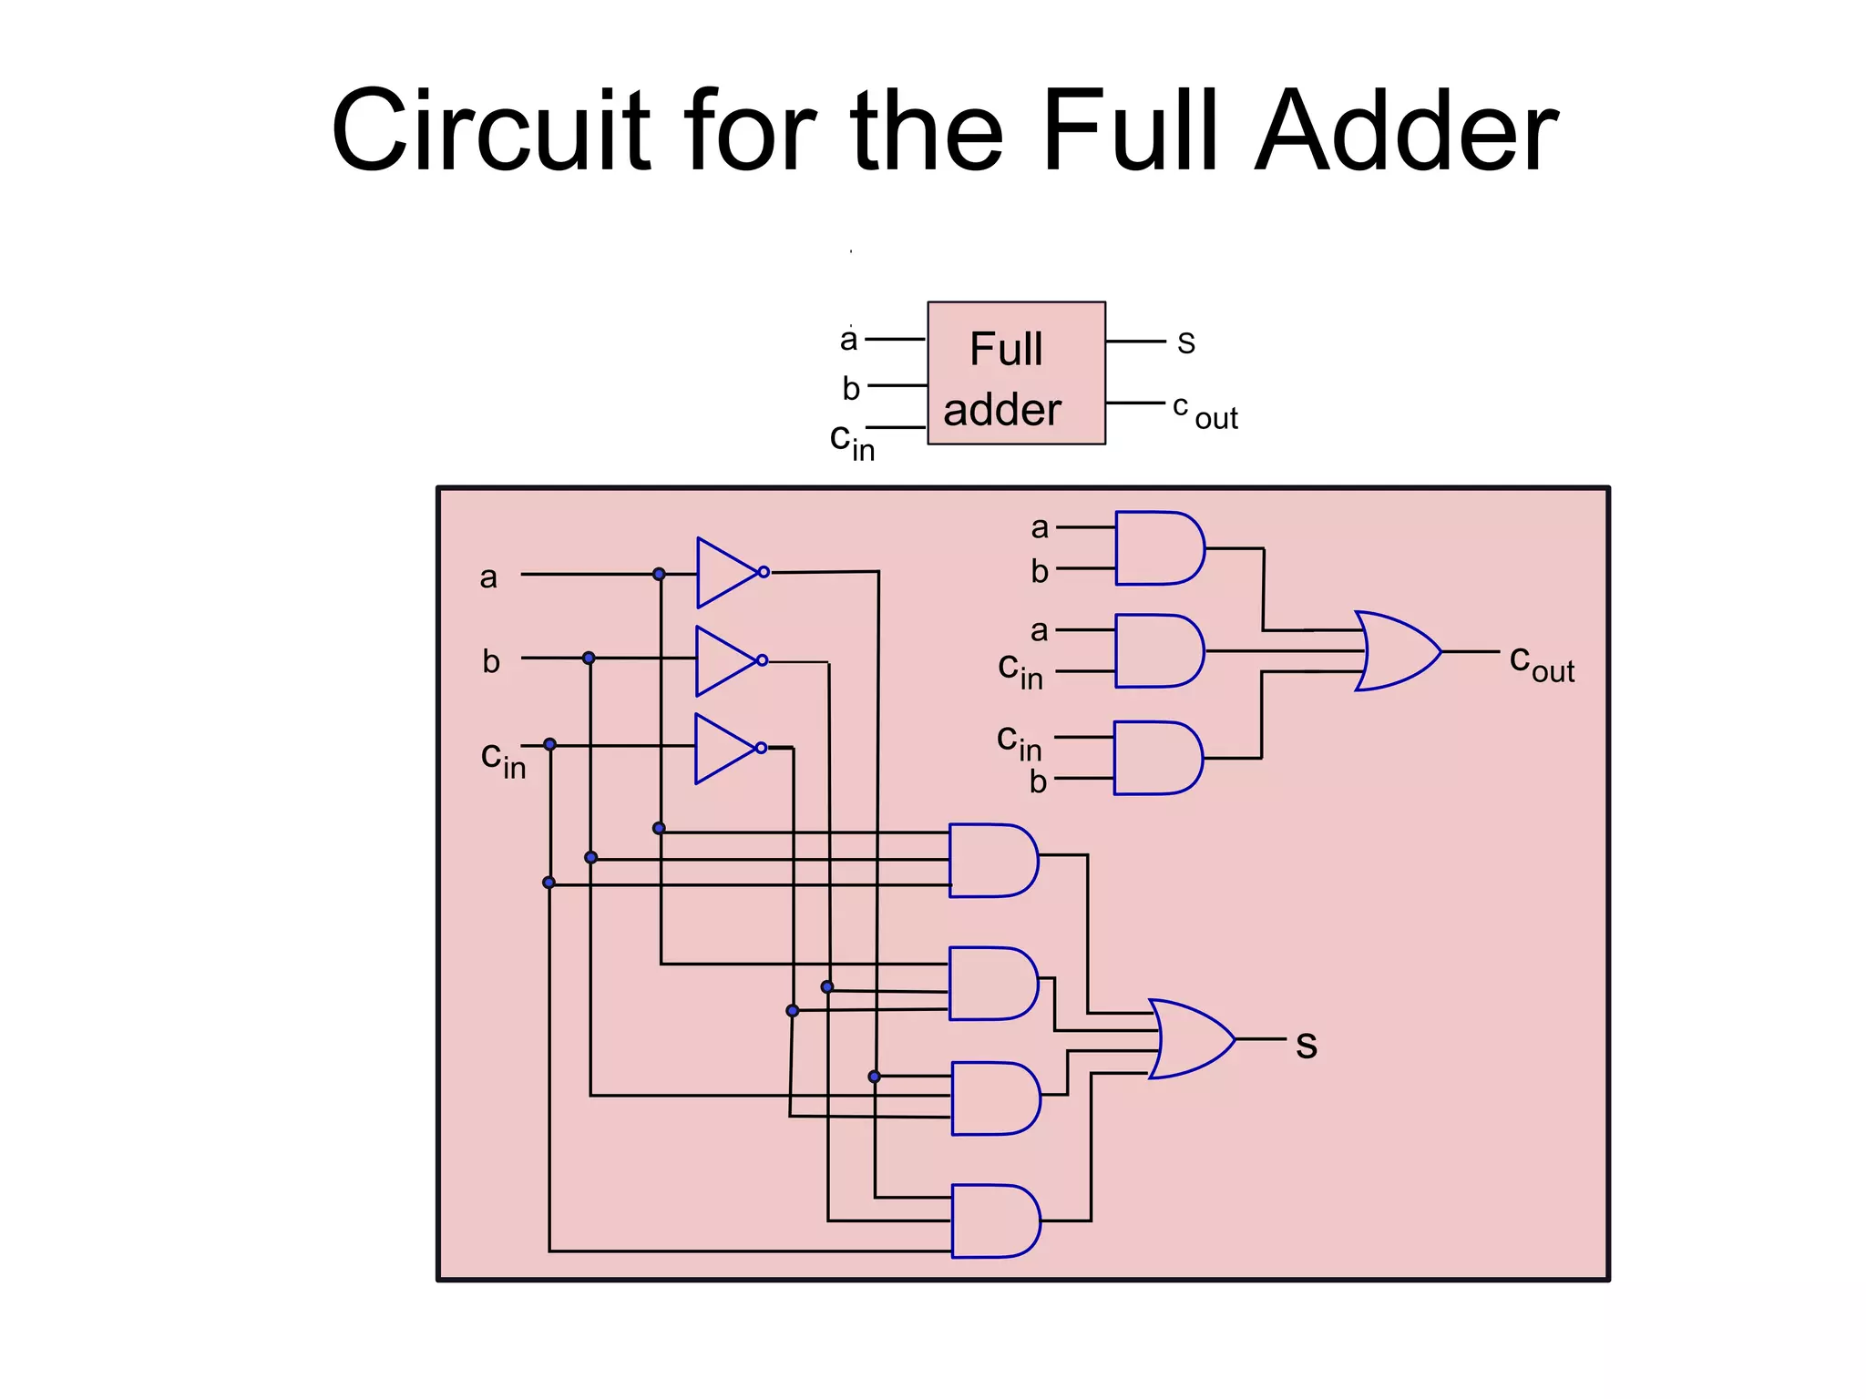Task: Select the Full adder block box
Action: pyautogui.click(x=1016, y=373)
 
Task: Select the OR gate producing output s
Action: pyautogui.click(x=1190, y=1039)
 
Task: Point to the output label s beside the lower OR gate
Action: pyautogui.click(x=1307, y=1045)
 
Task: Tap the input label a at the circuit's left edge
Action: pyautogui.click(x=488, y=577)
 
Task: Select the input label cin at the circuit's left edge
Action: pyautogui.click(x=502, y=759)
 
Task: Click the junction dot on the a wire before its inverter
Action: pyautogui.click(x=659, y=574)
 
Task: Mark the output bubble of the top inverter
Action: pyautogui.click(x=764, y=572)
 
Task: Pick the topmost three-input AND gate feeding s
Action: pyautogui.click(x=992, y=861)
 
